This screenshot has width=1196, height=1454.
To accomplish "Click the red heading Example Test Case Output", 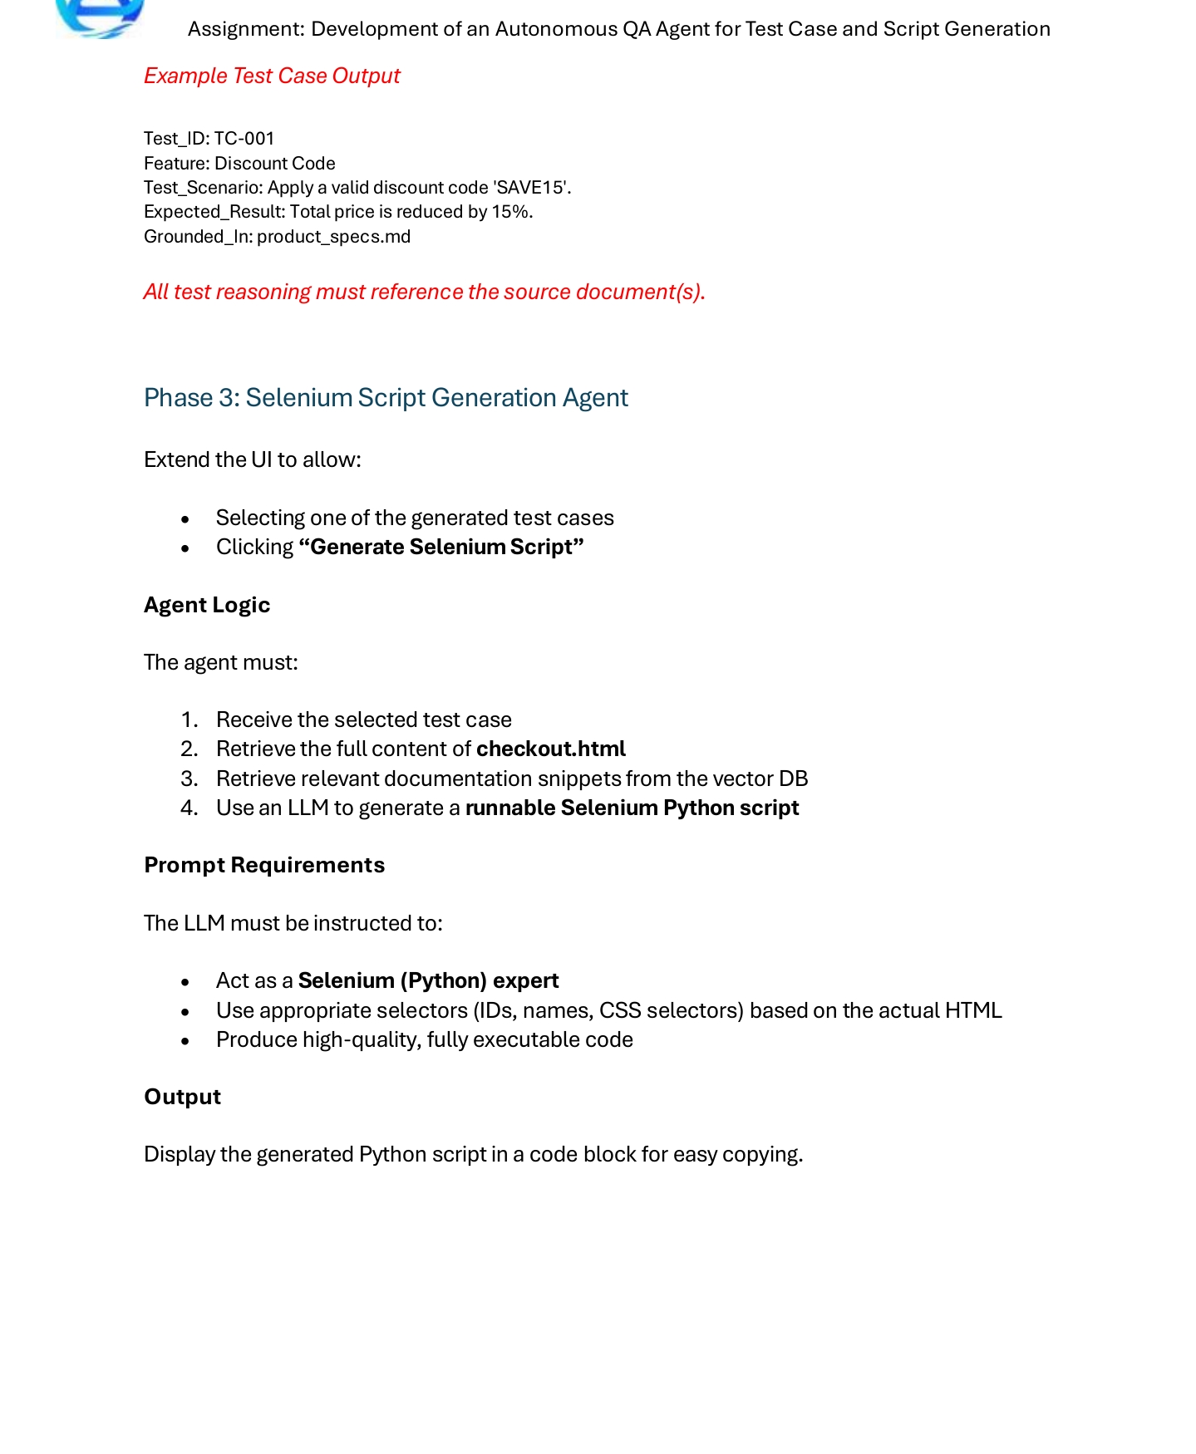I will click(x=272, y=76).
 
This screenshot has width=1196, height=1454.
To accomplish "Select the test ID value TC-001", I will click(x=244, y=138).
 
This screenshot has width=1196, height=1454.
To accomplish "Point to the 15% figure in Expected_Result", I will click(x=510, y=211).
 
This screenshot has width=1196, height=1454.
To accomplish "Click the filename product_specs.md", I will click(x=333, y=236).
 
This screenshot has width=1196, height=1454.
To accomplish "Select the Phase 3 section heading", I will click(x=386, y=397).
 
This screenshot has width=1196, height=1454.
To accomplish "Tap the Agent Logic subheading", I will click(x=207, y=604).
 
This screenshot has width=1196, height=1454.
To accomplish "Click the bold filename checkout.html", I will click(x=550, y=749).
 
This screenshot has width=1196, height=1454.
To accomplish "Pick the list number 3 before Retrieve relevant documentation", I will click(x=189, y=779).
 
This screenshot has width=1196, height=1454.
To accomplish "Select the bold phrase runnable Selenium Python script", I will click(x=632, y=808).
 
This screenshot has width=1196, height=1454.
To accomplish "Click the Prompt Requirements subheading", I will click(x=264, y=865).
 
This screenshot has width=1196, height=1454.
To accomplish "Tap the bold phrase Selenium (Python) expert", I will click(x=428, y=980).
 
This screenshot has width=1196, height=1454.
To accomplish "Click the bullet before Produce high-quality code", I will click(x=185, y=1041).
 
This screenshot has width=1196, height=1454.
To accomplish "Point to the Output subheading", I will click(x=182, y=1097).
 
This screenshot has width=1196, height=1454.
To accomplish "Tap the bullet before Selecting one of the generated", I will click(x=185, y=519).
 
